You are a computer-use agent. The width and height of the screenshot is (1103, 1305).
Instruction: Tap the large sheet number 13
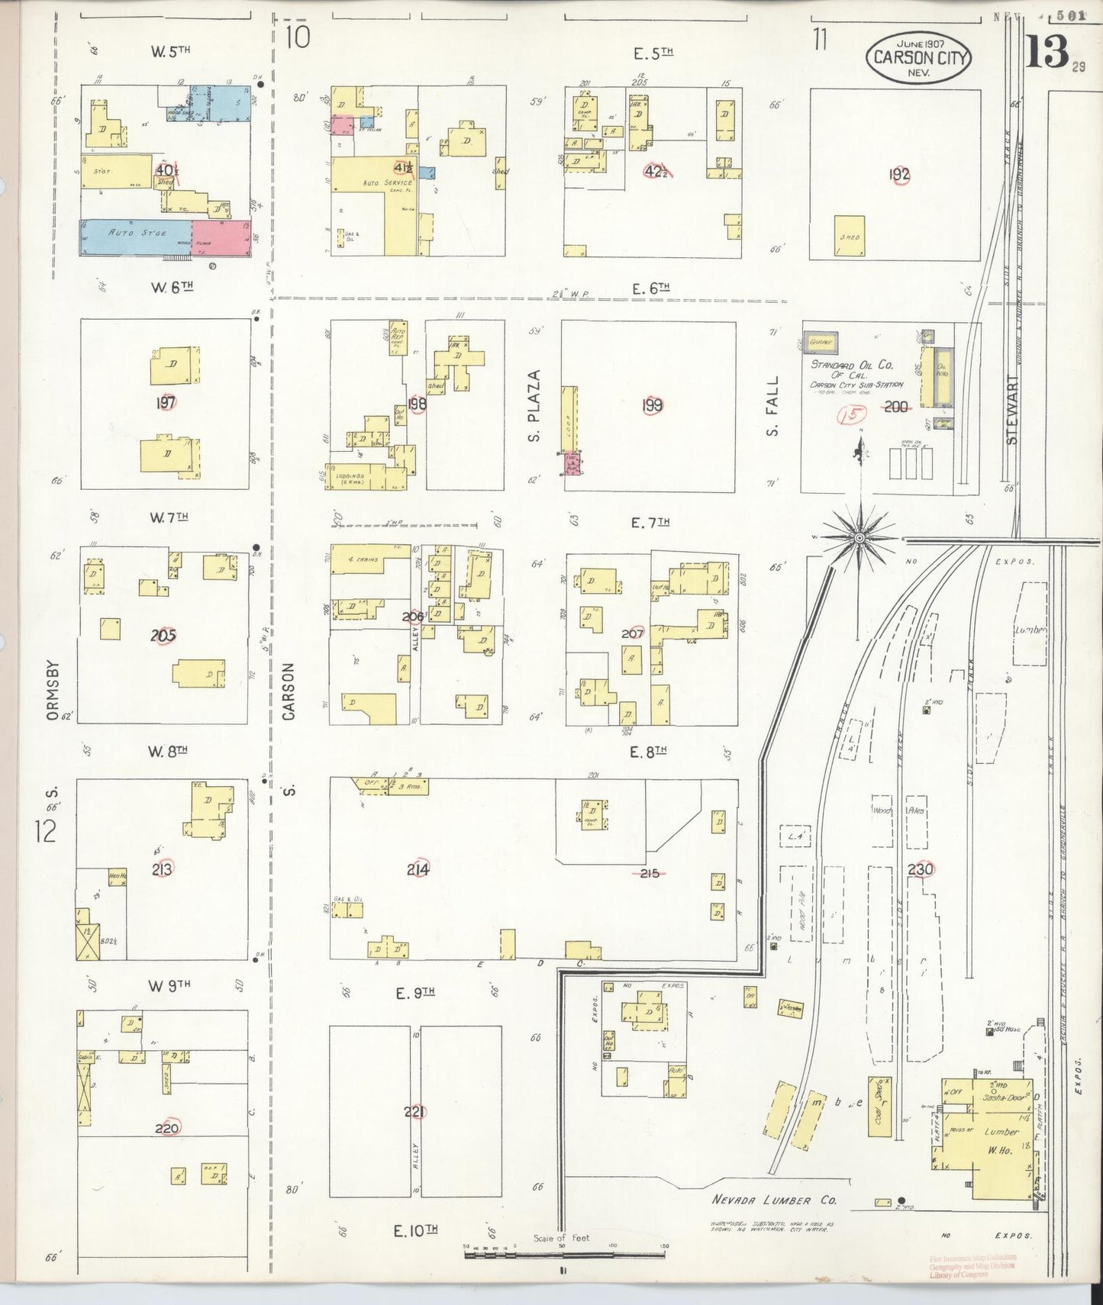coord(1046,53)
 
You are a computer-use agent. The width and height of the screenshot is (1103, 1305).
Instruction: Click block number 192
coord(899,175)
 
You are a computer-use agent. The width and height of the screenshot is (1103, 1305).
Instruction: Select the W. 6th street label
coord(173,288)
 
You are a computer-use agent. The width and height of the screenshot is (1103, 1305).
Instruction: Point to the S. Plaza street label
coord(534,405)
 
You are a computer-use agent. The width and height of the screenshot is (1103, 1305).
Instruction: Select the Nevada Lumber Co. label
coord(774,1200)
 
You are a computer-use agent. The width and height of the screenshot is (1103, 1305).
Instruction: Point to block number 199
coord(652,405)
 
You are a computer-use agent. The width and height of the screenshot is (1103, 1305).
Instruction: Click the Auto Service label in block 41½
coord(388,183)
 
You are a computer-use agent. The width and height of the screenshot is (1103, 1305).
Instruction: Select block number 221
coord(414,1112)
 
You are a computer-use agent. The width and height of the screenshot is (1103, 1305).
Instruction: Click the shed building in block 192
coord(850,237)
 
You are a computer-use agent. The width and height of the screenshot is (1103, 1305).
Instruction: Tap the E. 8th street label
coord(650,751)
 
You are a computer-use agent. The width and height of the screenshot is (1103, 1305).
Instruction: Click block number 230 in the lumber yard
coord(921,868)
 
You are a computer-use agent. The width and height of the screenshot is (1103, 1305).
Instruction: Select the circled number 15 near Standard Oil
coord(850,415)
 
